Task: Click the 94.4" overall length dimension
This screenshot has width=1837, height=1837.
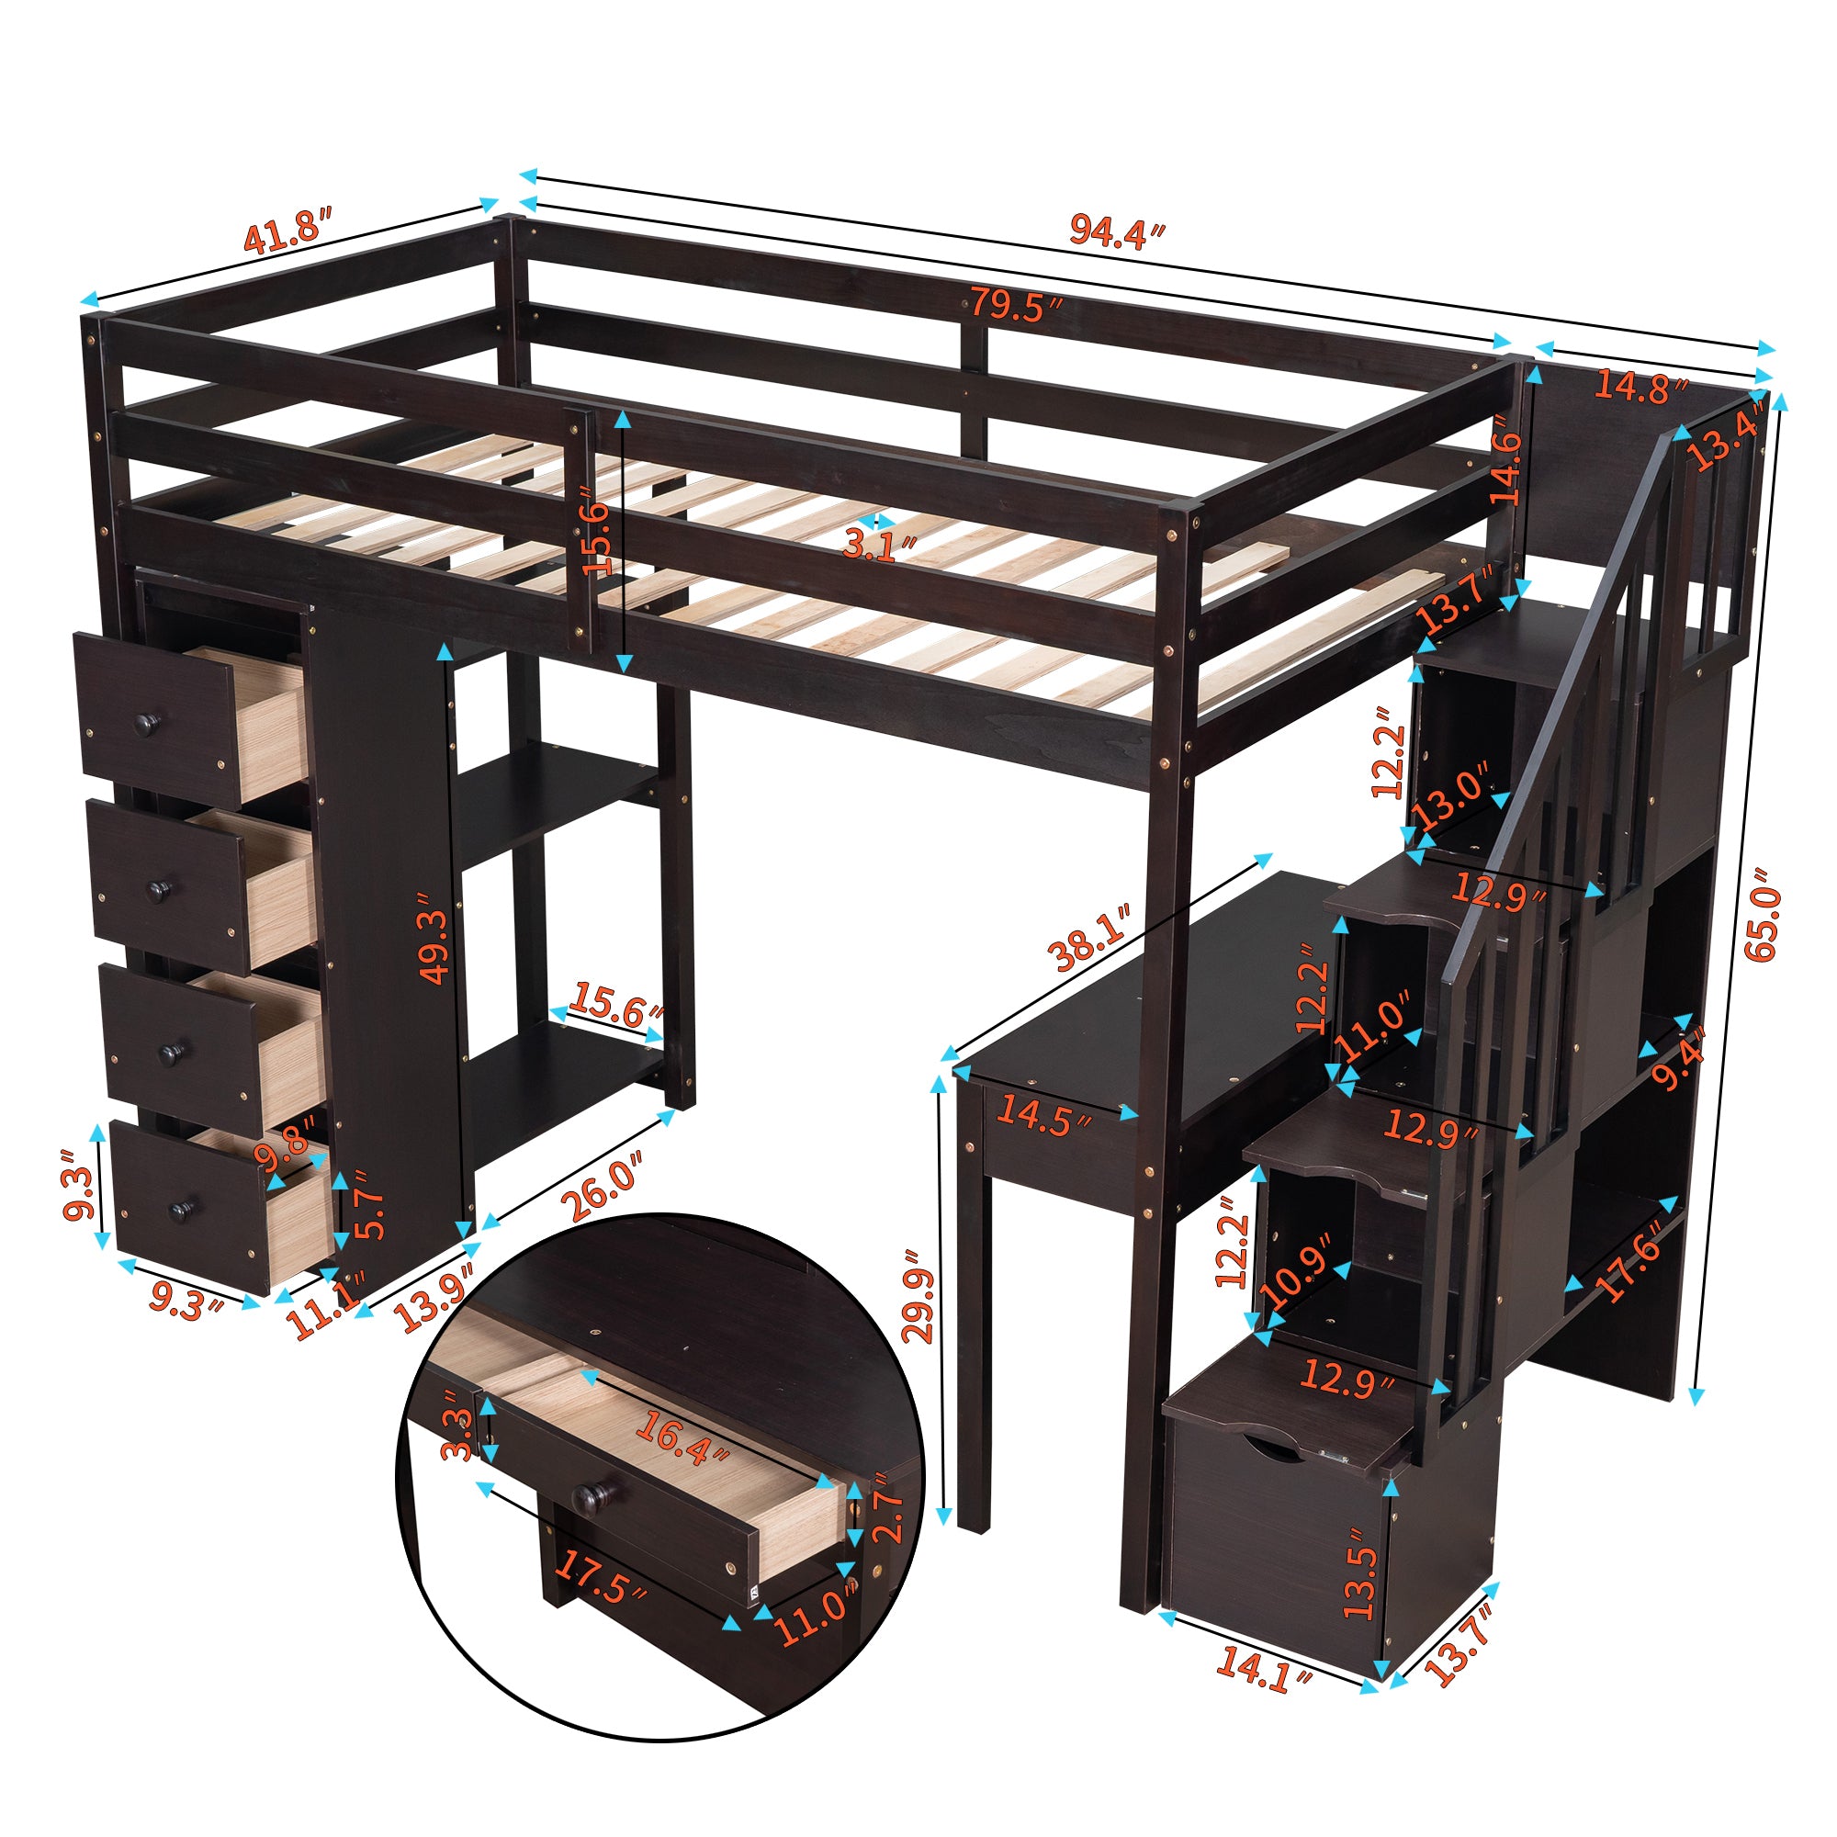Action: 1116,231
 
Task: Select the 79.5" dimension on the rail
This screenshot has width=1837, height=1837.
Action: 1015,306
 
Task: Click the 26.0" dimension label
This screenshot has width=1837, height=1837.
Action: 601,1184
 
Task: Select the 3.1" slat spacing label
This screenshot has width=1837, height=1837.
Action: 880,546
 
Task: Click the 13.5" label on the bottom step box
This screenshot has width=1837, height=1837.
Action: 1360,1572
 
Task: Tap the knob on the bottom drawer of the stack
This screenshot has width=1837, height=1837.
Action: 178,1211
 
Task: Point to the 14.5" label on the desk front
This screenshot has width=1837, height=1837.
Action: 1043,1115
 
